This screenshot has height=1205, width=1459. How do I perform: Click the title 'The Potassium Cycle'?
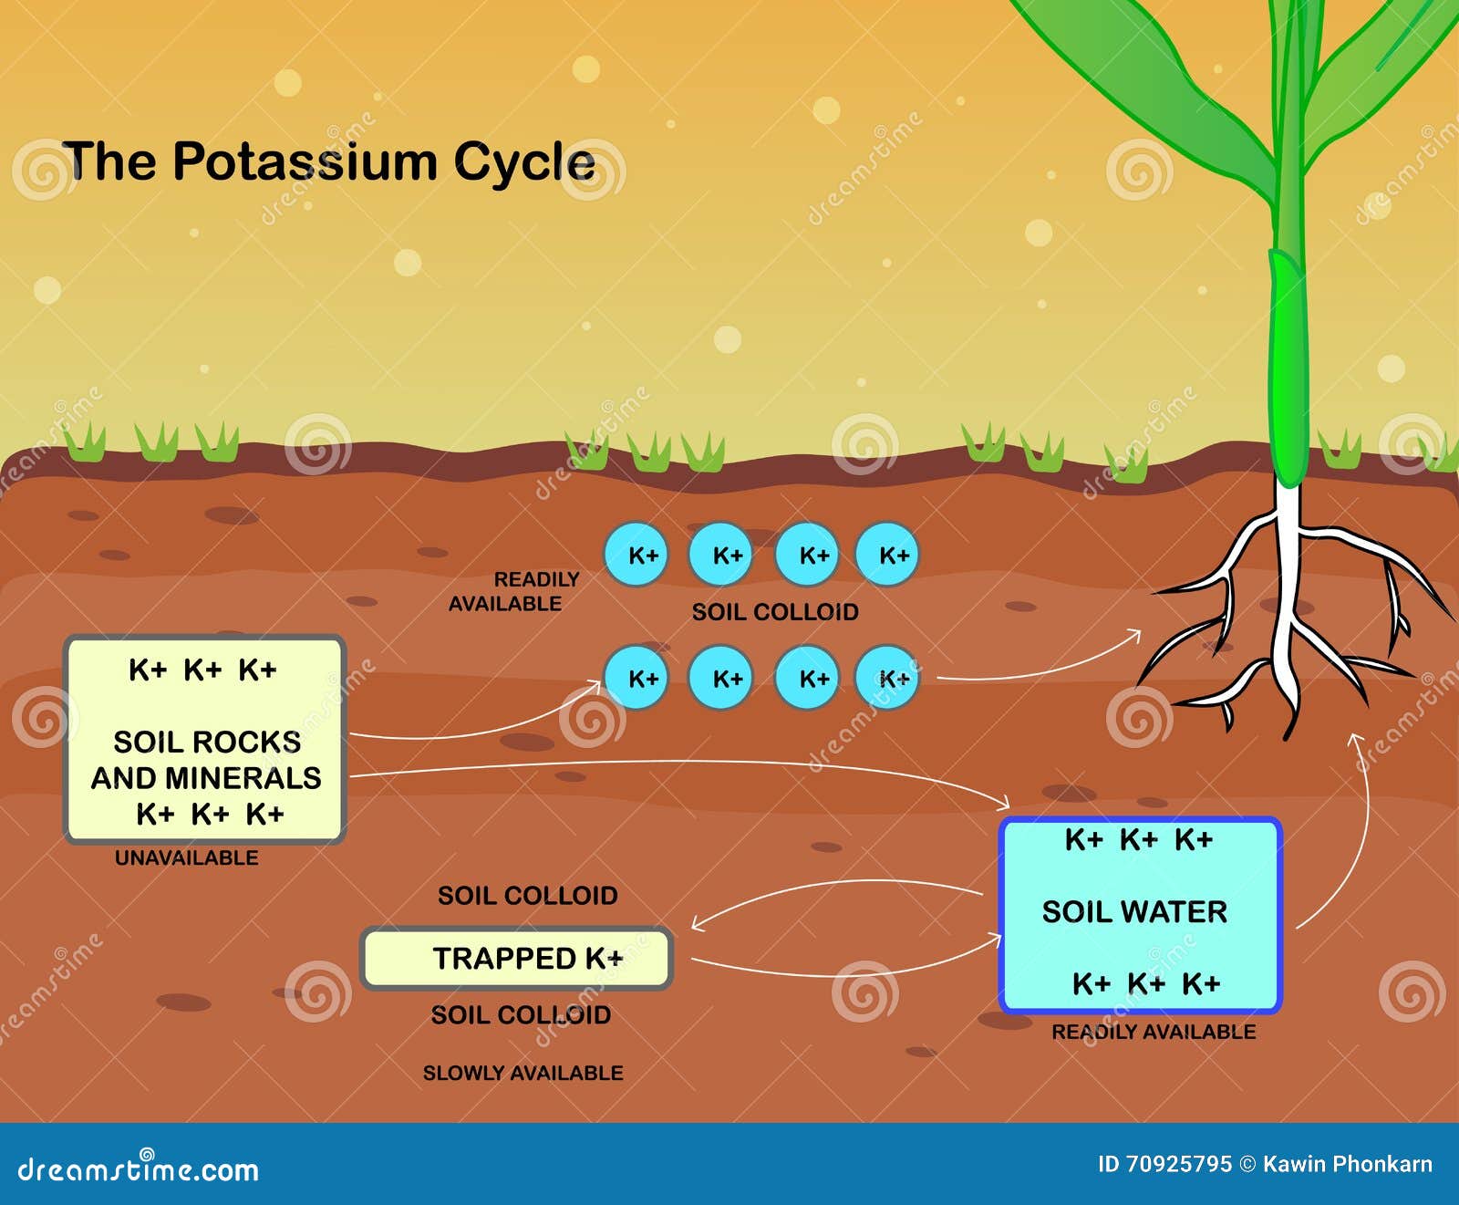[328, 161]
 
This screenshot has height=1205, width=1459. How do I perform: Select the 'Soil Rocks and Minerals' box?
[204, 739]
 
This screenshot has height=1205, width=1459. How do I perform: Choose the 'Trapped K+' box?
[517, 958]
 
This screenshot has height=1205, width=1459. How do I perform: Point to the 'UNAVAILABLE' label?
[186, 857]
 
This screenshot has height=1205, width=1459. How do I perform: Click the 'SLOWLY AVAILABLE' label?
[523, 1073]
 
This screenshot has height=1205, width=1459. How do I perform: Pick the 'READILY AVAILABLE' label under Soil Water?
[1154, 1032]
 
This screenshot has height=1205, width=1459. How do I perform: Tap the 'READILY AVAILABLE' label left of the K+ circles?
[515, 591]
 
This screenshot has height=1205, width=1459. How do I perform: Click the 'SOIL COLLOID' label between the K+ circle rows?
[774, 612]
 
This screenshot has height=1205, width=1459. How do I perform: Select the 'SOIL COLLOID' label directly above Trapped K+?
[527, 895]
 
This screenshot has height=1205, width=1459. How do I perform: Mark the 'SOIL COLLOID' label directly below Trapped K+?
[521, 1014]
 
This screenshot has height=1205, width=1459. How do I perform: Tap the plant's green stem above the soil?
[1288, 365]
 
